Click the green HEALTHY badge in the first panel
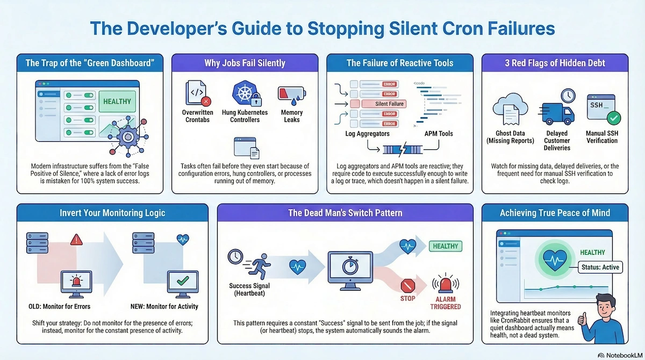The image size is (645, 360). coord(117,101)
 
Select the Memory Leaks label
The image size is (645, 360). coord(292,116)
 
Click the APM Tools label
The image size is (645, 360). coord(438,134)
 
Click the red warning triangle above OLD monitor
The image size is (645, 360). coord(76,239)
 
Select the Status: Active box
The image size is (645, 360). coord(599,267)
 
